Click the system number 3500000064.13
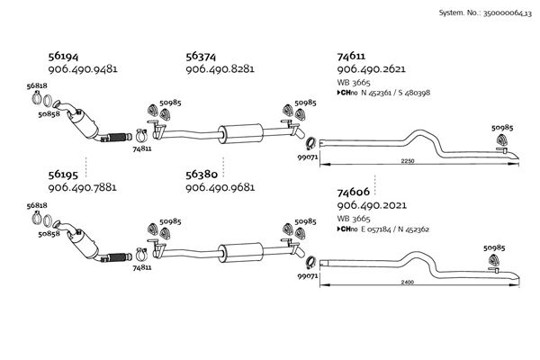508,13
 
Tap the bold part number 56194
63,56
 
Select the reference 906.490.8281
220,69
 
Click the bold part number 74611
351,56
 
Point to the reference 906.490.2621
371,69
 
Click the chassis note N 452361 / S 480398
395,93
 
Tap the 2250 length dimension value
408,161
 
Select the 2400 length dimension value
408,282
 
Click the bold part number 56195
63,175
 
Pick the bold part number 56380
202,175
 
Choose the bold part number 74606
353,192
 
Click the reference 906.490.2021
372,205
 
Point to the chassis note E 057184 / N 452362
395,229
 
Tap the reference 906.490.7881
82,187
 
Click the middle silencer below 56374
240,132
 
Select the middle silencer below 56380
240,252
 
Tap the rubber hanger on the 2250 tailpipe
501,139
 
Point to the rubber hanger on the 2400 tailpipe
493,260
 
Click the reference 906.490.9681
220,187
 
